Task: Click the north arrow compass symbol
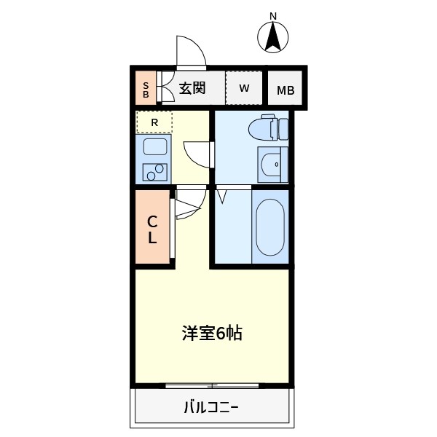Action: pyautogui.click(x=274, y=37)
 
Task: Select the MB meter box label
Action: pyautogui.click(x=286, y=91)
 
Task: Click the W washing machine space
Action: pyautogui.click(x=245, y=88)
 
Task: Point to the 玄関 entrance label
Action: pyautogui.click(x=192, y=89)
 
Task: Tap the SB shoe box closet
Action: pyautogui.click(x=146, y=89)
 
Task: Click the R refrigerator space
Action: pyautogui.click(x=154, y=122)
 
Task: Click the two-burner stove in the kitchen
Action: pyautogui.click(x=154, y=173)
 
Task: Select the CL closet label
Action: pyautogui.click(x=153, y=229)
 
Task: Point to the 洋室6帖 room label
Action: pyautogui.click(x=212, y=334)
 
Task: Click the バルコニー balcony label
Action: pyautogui.click(x=211, y=406)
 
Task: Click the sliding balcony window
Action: pyautogui.click(x=212, y=385)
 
